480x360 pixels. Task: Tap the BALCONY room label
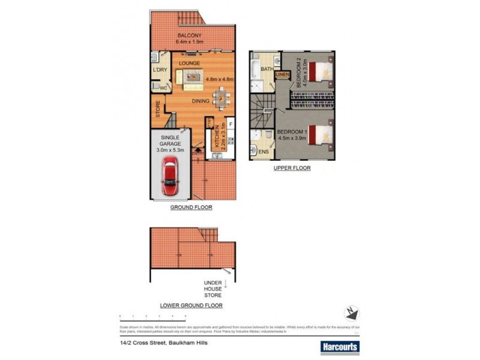189,35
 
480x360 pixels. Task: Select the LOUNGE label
188,63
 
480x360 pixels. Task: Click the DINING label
201,101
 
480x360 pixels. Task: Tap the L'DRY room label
159,70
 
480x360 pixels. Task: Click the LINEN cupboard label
283,74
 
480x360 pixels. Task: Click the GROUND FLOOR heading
191,207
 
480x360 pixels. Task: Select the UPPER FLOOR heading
292,168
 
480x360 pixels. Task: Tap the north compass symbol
352,312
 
